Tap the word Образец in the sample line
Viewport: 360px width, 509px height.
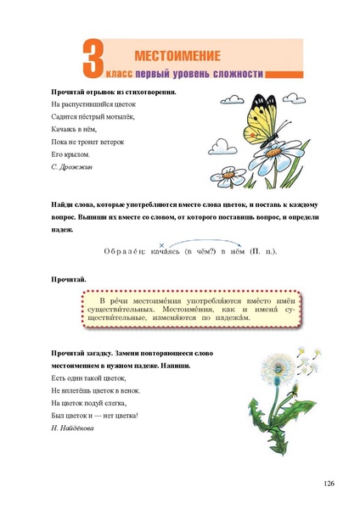(x=125, y=252)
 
